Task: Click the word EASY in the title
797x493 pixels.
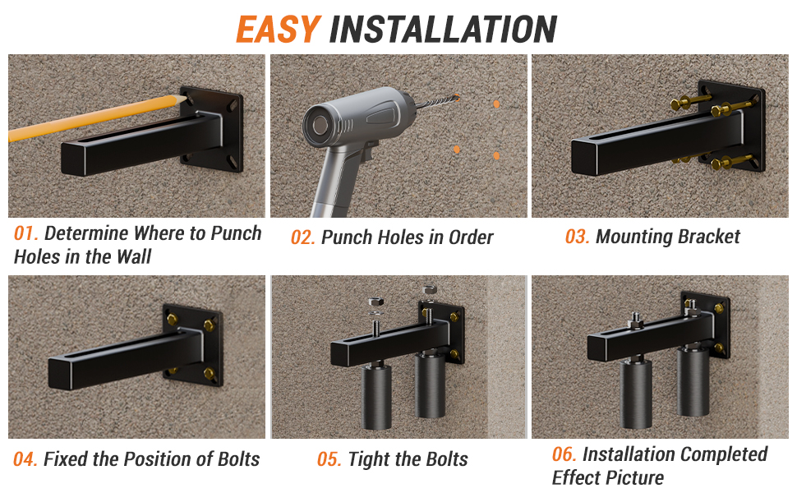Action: click(277, 30)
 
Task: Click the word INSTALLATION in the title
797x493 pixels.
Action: click(443, 30)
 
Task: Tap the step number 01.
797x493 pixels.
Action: click(25, 233)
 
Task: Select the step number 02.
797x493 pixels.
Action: click(303, 238)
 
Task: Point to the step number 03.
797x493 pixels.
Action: click(577, 237)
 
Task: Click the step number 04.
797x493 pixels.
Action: click(25, 460)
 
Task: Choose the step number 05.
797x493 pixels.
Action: click(329, 460)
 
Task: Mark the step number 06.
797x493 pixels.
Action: click(564, 455)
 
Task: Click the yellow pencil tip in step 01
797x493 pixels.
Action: click(176, 100)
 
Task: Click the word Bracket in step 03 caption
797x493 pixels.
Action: click(705, 237)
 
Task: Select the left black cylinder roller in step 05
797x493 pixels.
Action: click(379, 398)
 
